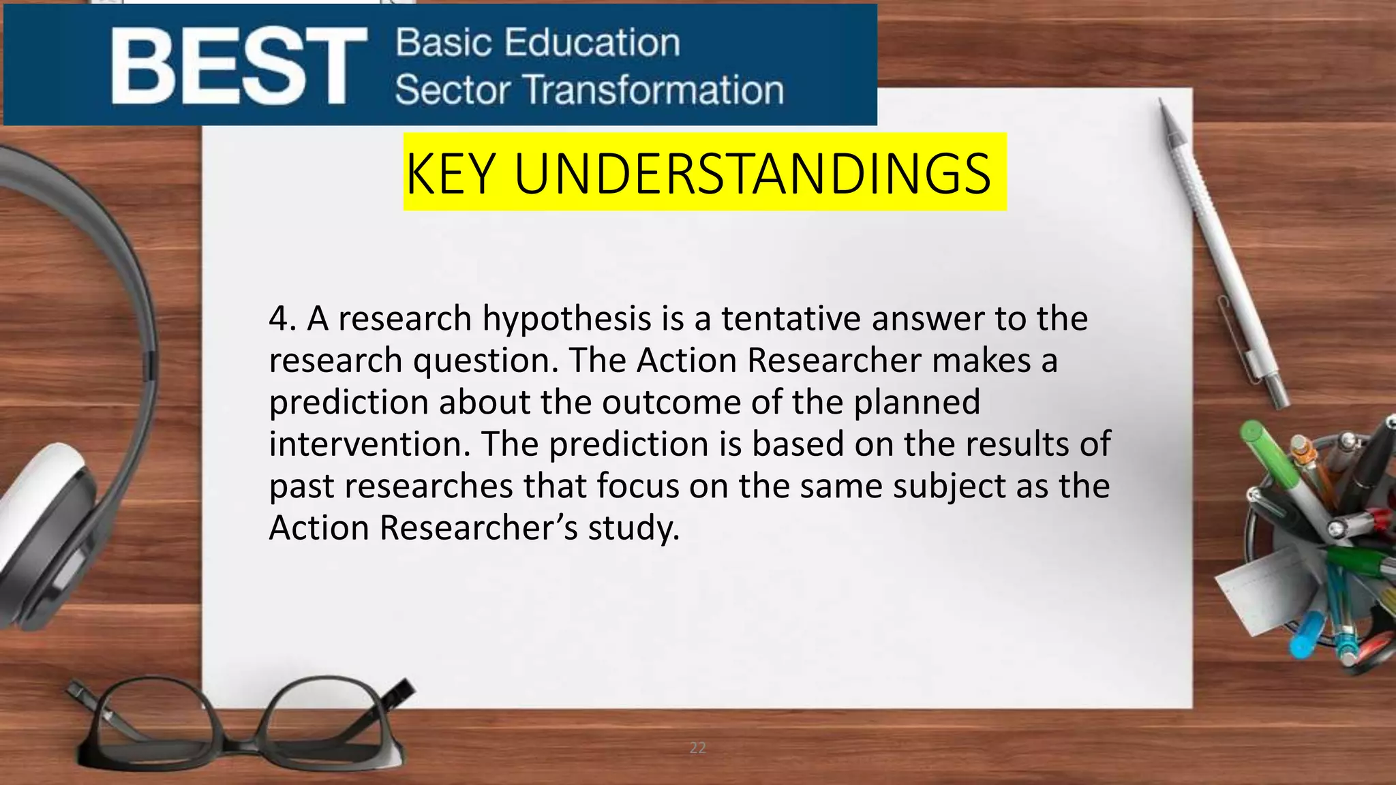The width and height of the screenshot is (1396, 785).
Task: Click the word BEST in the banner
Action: pyautogui.click(x=239, y=66)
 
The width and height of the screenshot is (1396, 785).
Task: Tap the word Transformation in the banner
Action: pyautogui.click(x=654, y=90)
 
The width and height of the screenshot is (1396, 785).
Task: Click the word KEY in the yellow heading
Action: pyautogui.click(x=450, y=174)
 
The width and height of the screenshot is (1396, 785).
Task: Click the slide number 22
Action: pyautogui.click(x=697, y=748)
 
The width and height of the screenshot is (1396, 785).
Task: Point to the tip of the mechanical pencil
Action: pyautogui.click(x=1161, y=102)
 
